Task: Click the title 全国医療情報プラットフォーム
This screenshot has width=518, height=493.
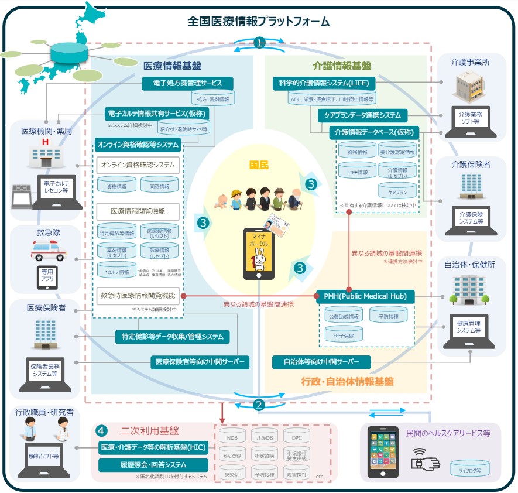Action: (258, 22)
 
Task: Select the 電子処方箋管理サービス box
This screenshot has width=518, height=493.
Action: (187, 83)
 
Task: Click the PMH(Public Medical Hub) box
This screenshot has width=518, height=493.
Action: (365, 296)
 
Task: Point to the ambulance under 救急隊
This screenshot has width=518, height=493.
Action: (49, 250)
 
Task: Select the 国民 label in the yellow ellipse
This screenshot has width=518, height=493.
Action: (258, 165)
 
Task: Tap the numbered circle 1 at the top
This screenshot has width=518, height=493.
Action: (259, 43)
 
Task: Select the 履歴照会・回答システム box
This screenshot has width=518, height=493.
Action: (153, 465)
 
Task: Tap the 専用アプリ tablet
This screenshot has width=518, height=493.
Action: (46, 275)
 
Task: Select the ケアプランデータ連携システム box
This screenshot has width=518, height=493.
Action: (363, 115)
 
